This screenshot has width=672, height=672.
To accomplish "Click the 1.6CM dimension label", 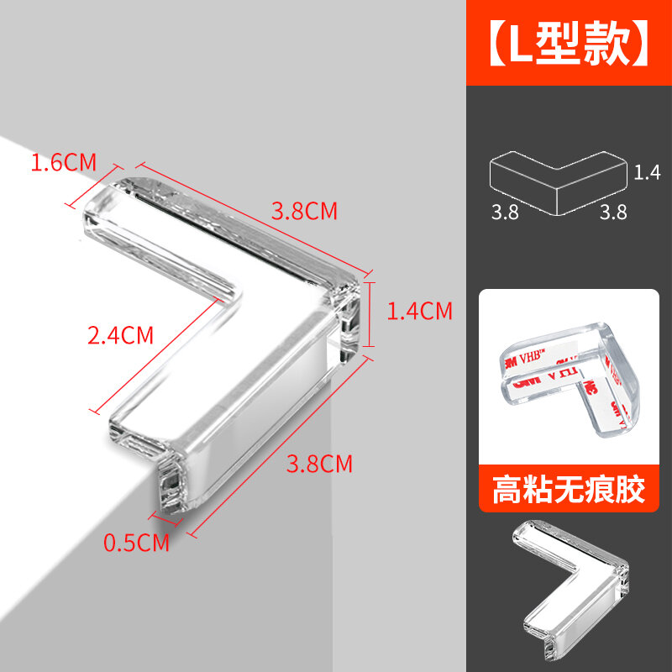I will coord(64,162).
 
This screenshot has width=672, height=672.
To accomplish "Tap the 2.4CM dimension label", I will coord(121,335).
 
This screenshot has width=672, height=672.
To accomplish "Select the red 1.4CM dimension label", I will coord(419,312).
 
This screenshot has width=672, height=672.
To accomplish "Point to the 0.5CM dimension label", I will coord(136,543).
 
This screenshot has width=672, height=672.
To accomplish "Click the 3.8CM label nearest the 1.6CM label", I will coord(304,211).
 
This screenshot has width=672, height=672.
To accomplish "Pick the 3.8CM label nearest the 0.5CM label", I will coord(319,463).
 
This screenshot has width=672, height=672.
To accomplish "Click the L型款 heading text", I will coord(570,43).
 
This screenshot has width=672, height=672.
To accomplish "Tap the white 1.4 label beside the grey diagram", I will coord(648,173).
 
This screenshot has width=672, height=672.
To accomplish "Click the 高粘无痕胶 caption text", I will coord(570,491).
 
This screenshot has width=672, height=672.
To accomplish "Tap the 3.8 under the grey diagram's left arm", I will coord(506,213).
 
